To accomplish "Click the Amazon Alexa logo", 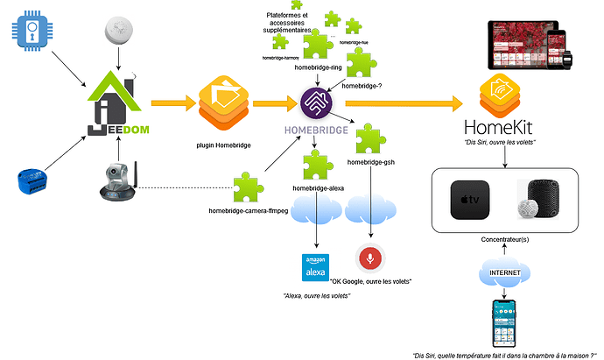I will [314, 267].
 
